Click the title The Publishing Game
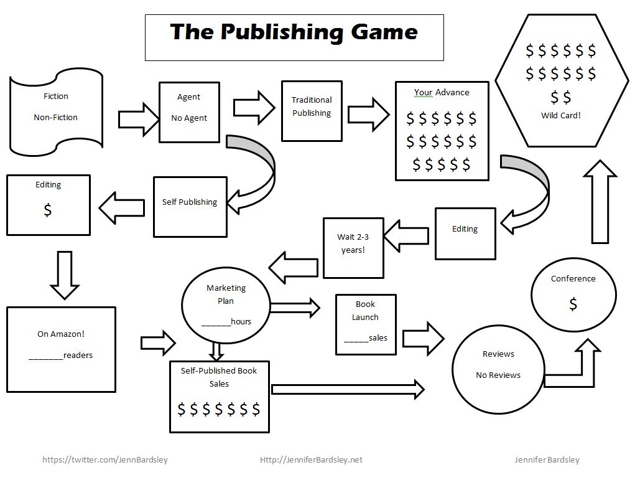(x=294, y=32)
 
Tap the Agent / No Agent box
(x=189, y=112)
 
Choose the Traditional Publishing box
(x=312, y=110)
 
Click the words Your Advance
(x=442, y=92)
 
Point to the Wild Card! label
(x=560, y=115)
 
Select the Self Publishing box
(x=189, y=206)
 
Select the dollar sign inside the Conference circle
(x=573, y=304)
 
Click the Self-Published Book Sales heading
(x=219, y=377)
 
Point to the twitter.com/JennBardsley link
(x=105, y=460)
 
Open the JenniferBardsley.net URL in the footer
(x=311, y=460)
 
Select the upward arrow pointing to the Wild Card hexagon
(x=600, y=202)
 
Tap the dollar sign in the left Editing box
(x=48, y=210)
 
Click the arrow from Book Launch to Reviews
(x=424, y=338)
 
